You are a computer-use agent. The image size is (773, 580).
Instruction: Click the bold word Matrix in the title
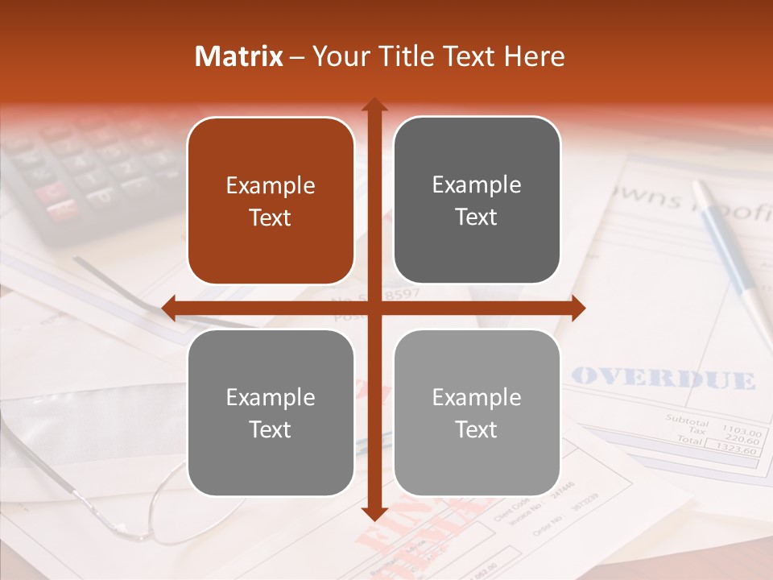(x=239, y=56)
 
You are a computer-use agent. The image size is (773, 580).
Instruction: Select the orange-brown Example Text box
(x=271, y=201)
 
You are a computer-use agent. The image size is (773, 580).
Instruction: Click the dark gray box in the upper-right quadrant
(x=477, y=201)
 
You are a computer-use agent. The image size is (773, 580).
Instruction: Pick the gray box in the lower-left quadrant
(x=271, y=412)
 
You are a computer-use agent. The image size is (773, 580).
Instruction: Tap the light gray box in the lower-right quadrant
(x=477, y=412)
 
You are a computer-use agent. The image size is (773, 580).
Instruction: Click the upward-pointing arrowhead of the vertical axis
(x=374, y=106)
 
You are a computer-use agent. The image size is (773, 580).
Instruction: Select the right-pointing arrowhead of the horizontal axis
(x=578, y=307)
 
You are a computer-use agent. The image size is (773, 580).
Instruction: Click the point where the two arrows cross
(x=374, y=307)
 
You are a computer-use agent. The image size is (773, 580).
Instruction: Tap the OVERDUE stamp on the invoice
(x=663, y=379)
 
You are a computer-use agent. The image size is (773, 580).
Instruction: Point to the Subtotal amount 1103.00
(x=741, y=431)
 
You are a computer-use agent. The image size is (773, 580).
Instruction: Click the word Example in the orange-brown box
(x=271, y=186)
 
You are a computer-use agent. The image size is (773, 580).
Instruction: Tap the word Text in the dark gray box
(x=477, y=217)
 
